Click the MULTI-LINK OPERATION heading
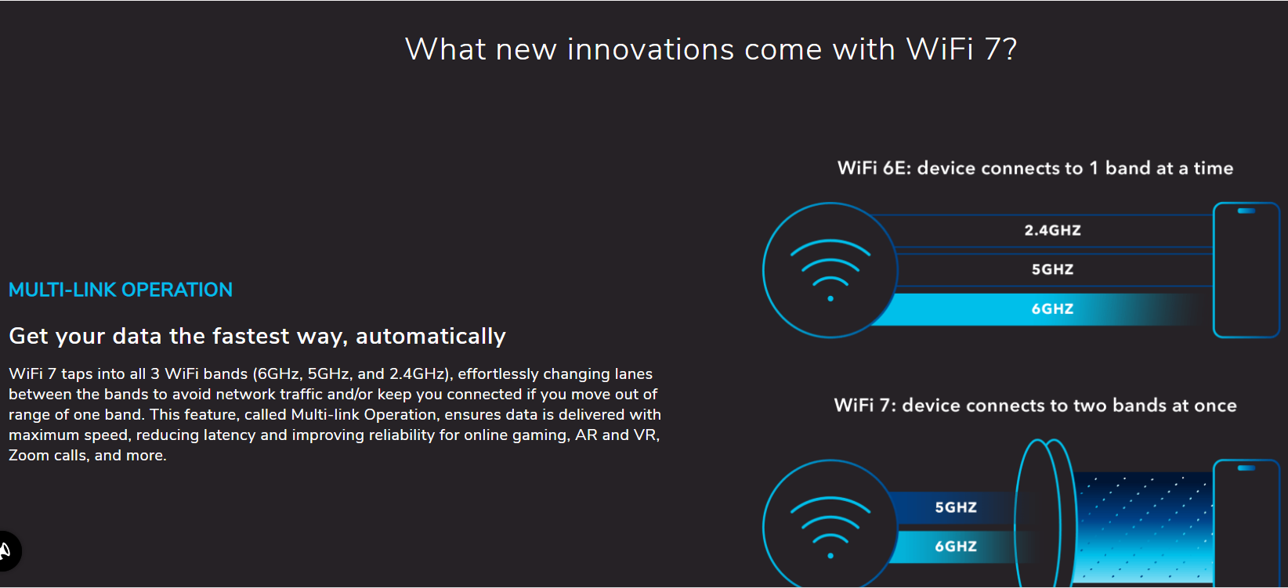point(120,290)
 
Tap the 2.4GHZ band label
point(1052,230)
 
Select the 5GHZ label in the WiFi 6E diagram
point(1052,269)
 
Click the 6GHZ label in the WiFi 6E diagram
point(1052,309)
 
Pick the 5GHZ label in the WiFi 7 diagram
point(956,507)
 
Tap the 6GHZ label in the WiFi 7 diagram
point(956,546)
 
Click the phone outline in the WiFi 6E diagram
point(1214,270)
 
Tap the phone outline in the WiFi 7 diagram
point(1214,523)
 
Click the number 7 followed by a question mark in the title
point(1000,49)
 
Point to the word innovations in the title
point(651,49)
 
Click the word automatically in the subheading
point(431,336)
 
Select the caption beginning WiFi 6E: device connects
point(1035,168)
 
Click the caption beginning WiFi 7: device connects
point(1035,406)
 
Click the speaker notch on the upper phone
point(1246,211)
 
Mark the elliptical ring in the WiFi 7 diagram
point(1017,518)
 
